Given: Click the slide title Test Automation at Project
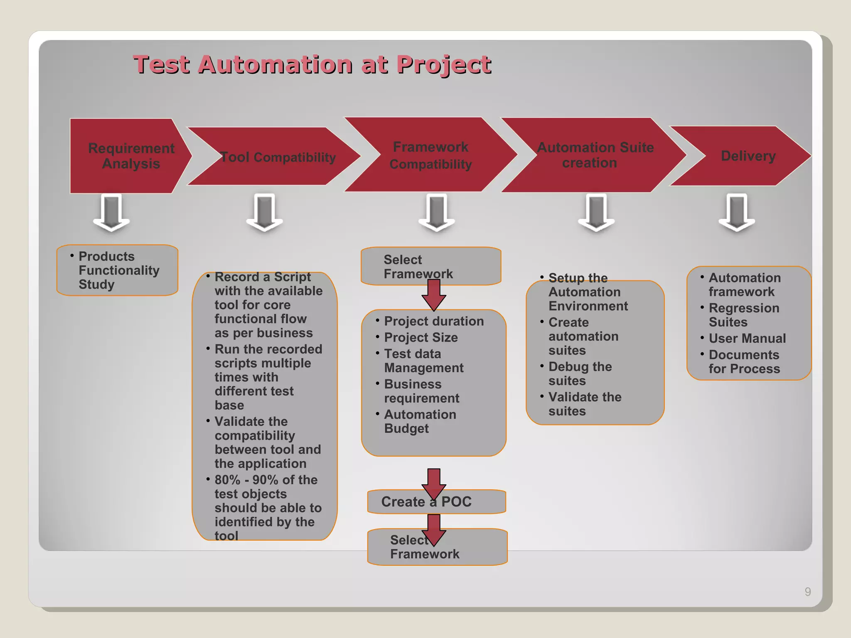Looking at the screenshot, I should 312,65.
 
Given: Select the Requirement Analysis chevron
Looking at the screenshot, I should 131,156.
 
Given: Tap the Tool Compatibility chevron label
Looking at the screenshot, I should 278,157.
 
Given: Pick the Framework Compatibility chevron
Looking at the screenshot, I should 430,155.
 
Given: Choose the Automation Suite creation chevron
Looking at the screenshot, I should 594,155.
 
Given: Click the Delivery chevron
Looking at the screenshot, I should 748,156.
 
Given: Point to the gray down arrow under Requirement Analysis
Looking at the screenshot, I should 111,212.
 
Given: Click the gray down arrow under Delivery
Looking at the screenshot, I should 737,212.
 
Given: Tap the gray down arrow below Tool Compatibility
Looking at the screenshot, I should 264,212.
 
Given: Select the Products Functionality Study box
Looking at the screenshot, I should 117,270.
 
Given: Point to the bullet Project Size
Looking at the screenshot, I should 421,337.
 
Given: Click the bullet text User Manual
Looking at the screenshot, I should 747,338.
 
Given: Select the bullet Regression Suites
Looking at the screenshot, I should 743,315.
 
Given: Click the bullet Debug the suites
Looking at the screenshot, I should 580,373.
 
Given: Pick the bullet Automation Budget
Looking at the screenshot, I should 420,421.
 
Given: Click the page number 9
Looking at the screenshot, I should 807,591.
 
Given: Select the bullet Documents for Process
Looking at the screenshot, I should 744,361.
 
